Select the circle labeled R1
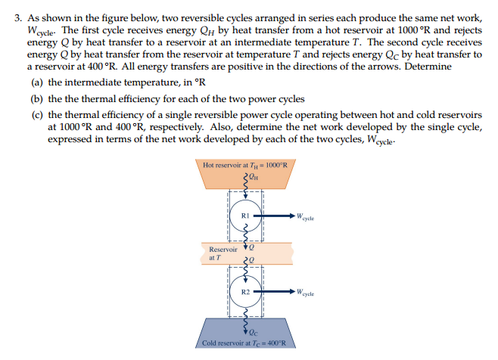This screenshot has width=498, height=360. coord(244,216)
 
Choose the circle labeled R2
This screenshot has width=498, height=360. coord(244,291)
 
